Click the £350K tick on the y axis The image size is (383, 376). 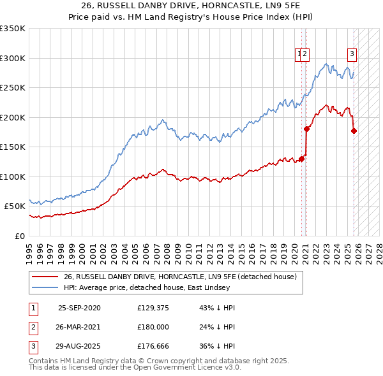[x=13, y=29]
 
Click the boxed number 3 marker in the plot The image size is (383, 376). [x=352, y=54]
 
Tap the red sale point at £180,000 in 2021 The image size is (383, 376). [x=306, y=129]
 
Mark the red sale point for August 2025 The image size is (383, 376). [x=354, y=131]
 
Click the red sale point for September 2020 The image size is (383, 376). [x=301, y=159]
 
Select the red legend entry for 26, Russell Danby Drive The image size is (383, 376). [x=180, y=277]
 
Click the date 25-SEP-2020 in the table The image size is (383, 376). [x=79, y=308]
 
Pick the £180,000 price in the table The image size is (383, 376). [x=153, y=326]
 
